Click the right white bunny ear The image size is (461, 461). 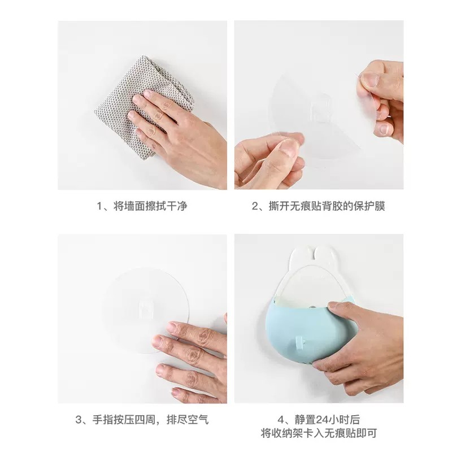click(325, 256)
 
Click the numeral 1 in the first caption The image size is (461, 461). click(99, 206)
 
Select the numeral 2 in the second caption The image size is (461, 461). click(255, 206)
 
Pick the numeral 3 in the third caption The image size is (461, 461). click(78, 420)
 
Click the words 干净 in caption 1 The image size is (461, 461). click(177, 206)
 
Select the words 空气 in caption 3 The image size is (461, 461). click(198, 420)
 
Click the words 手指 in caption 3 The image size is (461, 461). click(103, 420)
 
